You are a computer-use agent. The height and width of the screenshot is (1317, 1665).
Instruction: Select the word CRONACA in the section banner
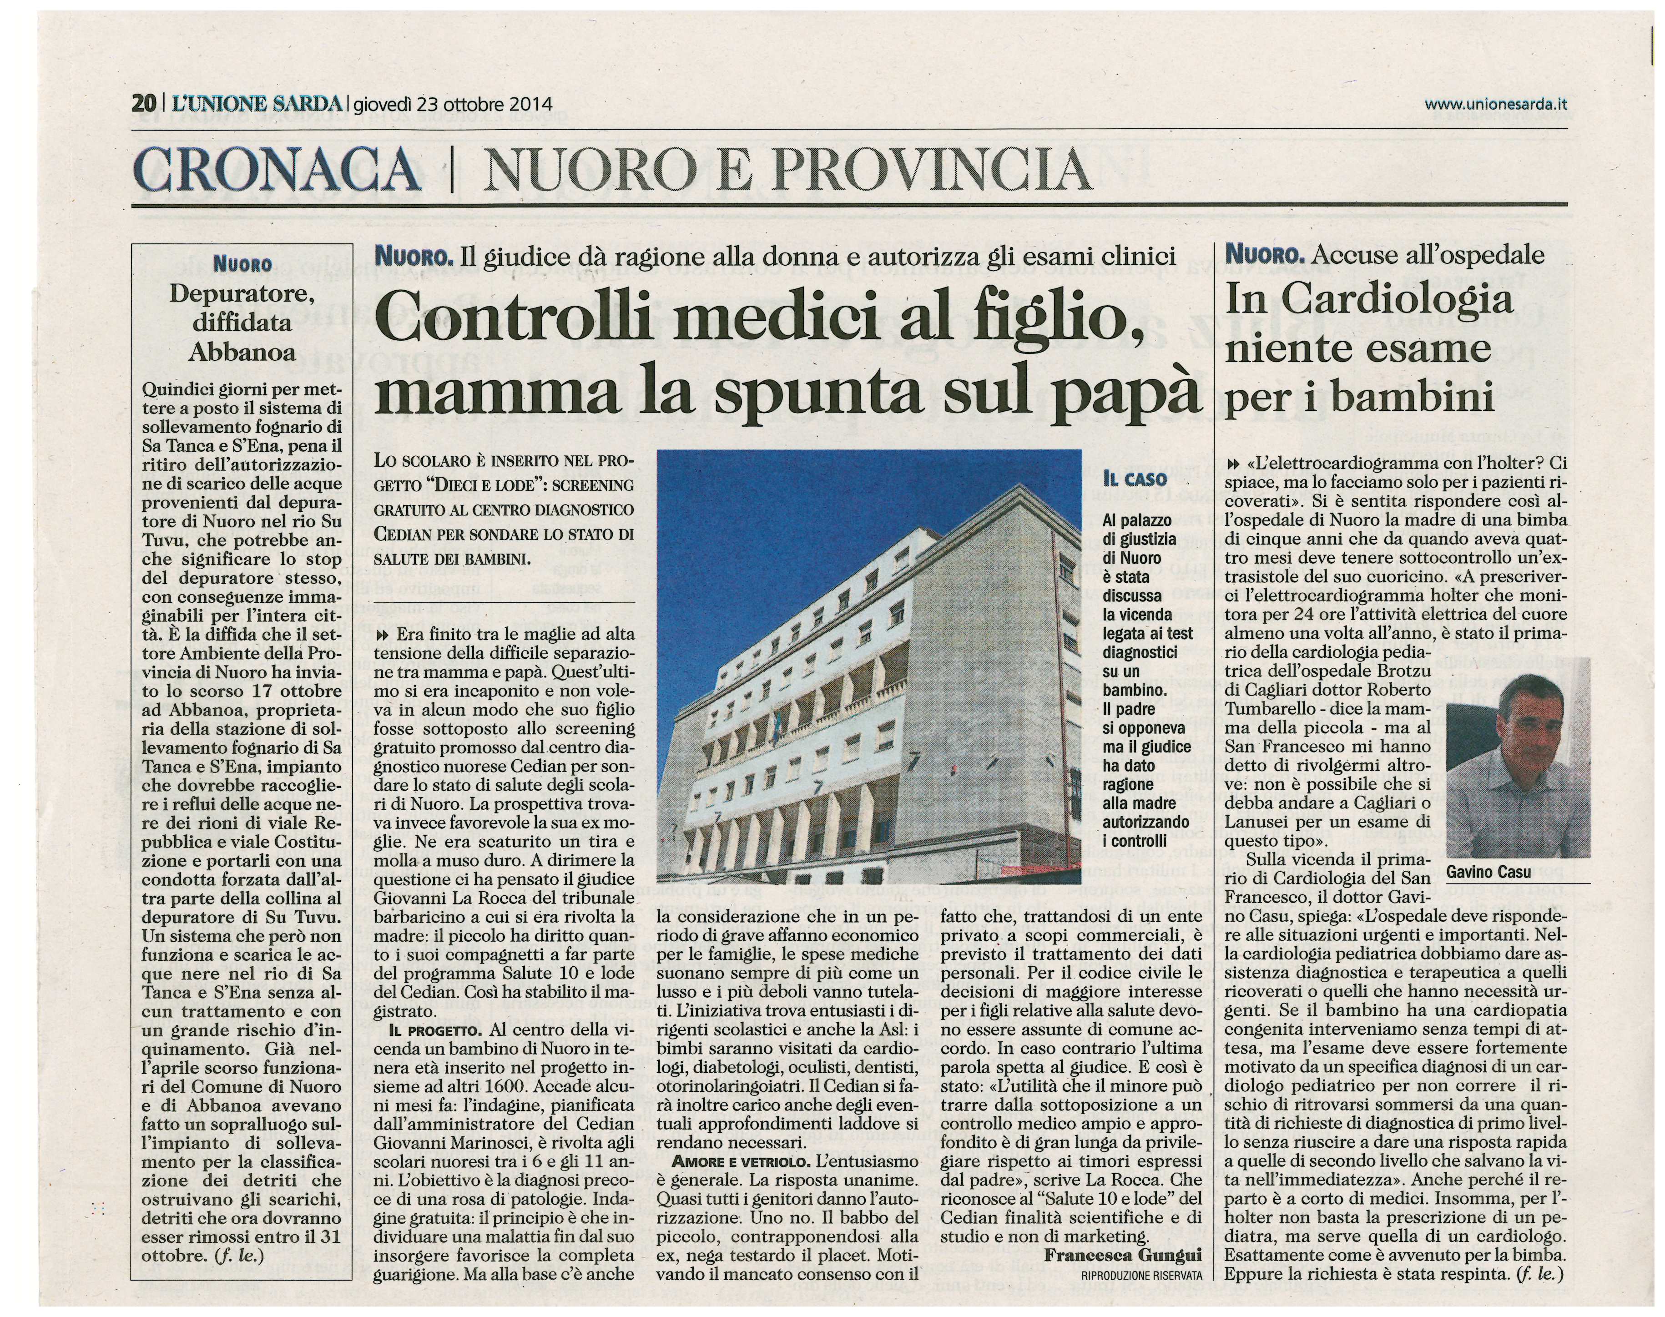(x=277, y=171)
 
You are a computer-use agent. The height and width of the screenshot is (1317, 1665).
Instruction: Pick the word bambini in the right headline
(x=1423, y=399)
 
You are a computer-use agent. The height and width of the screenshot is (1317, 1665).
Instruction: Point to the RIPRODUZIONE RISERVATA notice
(x=1141, y=1275)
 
